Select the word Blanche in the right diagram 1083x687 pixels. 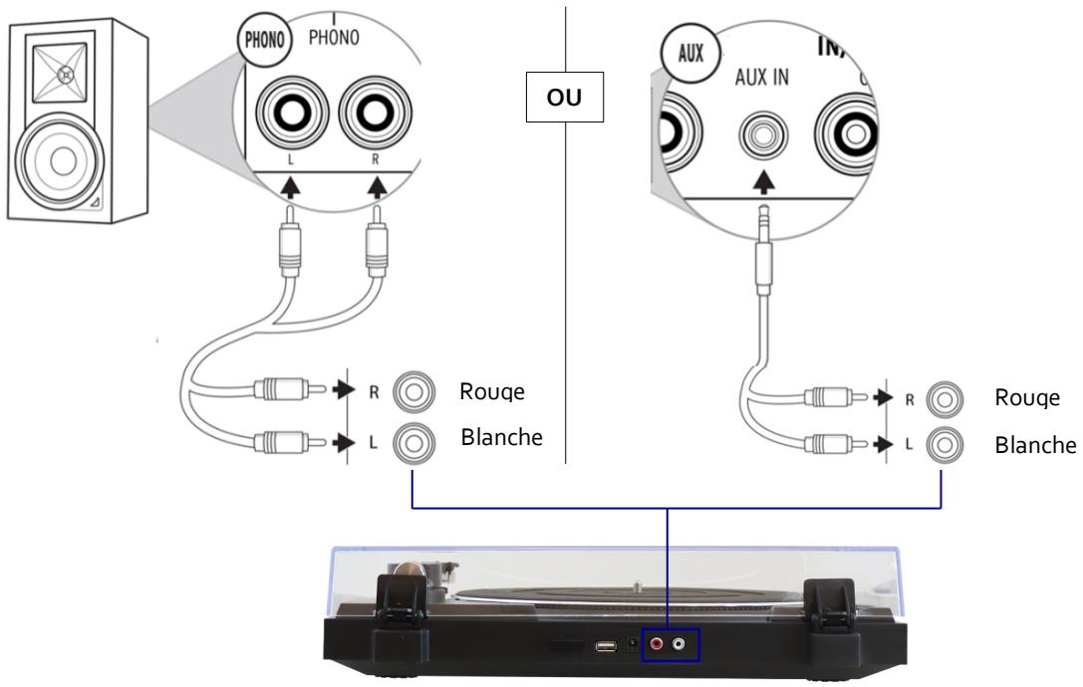[x=1036, y=445]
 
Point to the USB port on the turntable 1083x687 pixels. [x=604, y=646]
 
